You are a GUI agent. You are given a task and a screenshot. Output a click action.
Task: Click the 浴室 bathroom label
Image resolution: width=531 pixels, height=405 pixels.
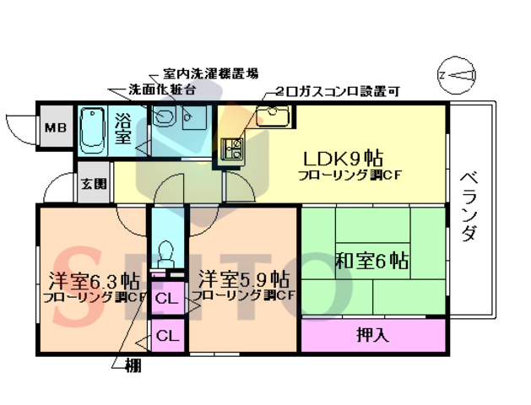[x=123, y=127]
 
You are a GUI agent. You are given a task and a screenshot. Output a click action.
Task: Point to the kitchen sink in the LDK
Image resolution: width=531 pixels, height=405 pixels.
[x=272, y=118]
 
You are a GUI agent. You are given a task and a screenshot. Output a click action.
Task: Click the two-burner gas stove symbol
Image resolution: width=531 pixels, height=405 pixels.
[x=230, y=150]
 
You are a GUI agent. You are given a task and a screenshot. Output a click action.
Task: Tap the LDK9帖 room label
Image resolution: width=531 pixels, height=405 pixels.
[x=344, y=158]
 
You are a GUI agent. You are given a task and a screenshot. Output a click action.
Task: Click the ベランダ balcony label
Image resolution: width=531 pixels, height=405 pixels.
[x=470, y=207]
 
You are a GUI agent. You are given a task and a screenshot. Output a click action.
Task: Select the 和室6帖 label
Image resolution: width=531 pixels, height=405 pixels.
[x=372, y=261]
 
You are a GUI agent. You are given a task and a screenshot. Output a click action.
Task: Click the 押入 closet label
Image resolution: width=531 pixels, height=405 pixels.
[x=372, y=334]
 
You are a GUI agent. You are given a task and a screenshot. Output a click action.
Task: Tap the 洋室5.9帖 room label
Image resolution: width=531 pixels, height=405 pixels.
[x=245, y=278]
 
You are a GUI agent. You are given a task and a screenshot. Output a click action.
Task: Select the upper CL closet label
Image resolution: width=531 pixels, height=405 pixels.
[x=166, y=298]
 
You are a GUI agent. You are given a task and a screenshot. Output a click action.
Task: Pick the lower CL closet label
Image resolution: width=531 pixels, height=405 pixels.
[x=167, y=336]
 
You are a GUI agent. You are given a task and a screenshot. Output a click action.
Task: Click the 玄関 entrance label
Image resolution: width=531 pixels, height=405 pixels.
[x=95, y=183]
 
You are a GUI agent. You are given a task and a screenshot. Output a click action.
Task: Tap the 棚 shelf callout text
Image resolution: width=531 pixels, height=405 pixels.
[x=133, y=366]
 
